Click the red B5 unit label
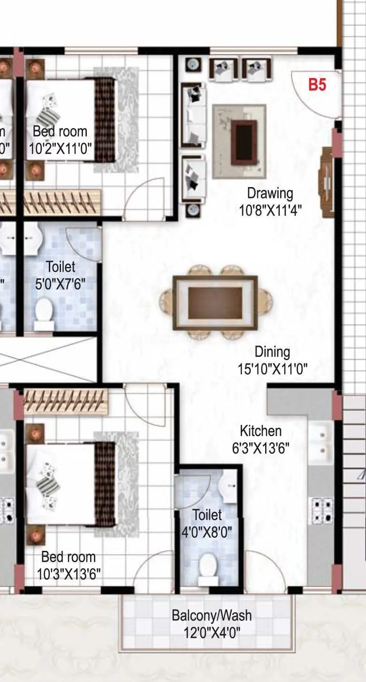(x=317, y=85)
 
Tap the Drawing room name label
(x=270, y=193)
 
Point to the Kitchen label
(x=261, y=431)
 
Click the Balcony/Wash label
(x=211, y=615)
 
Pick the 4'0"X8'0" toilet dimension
(x=206, y=533)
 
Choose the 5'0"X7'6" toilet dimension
(x=61, y=284)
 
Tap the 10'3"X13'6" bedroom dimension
(x=69, y=574)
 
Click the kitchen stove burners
(x=321, y=511)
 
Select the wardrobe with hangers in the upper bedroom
(x=61, y=203)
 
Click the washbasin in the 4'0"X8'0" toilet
(x=230, y=482)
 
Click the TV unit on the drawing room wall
(x=327, y=181)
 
